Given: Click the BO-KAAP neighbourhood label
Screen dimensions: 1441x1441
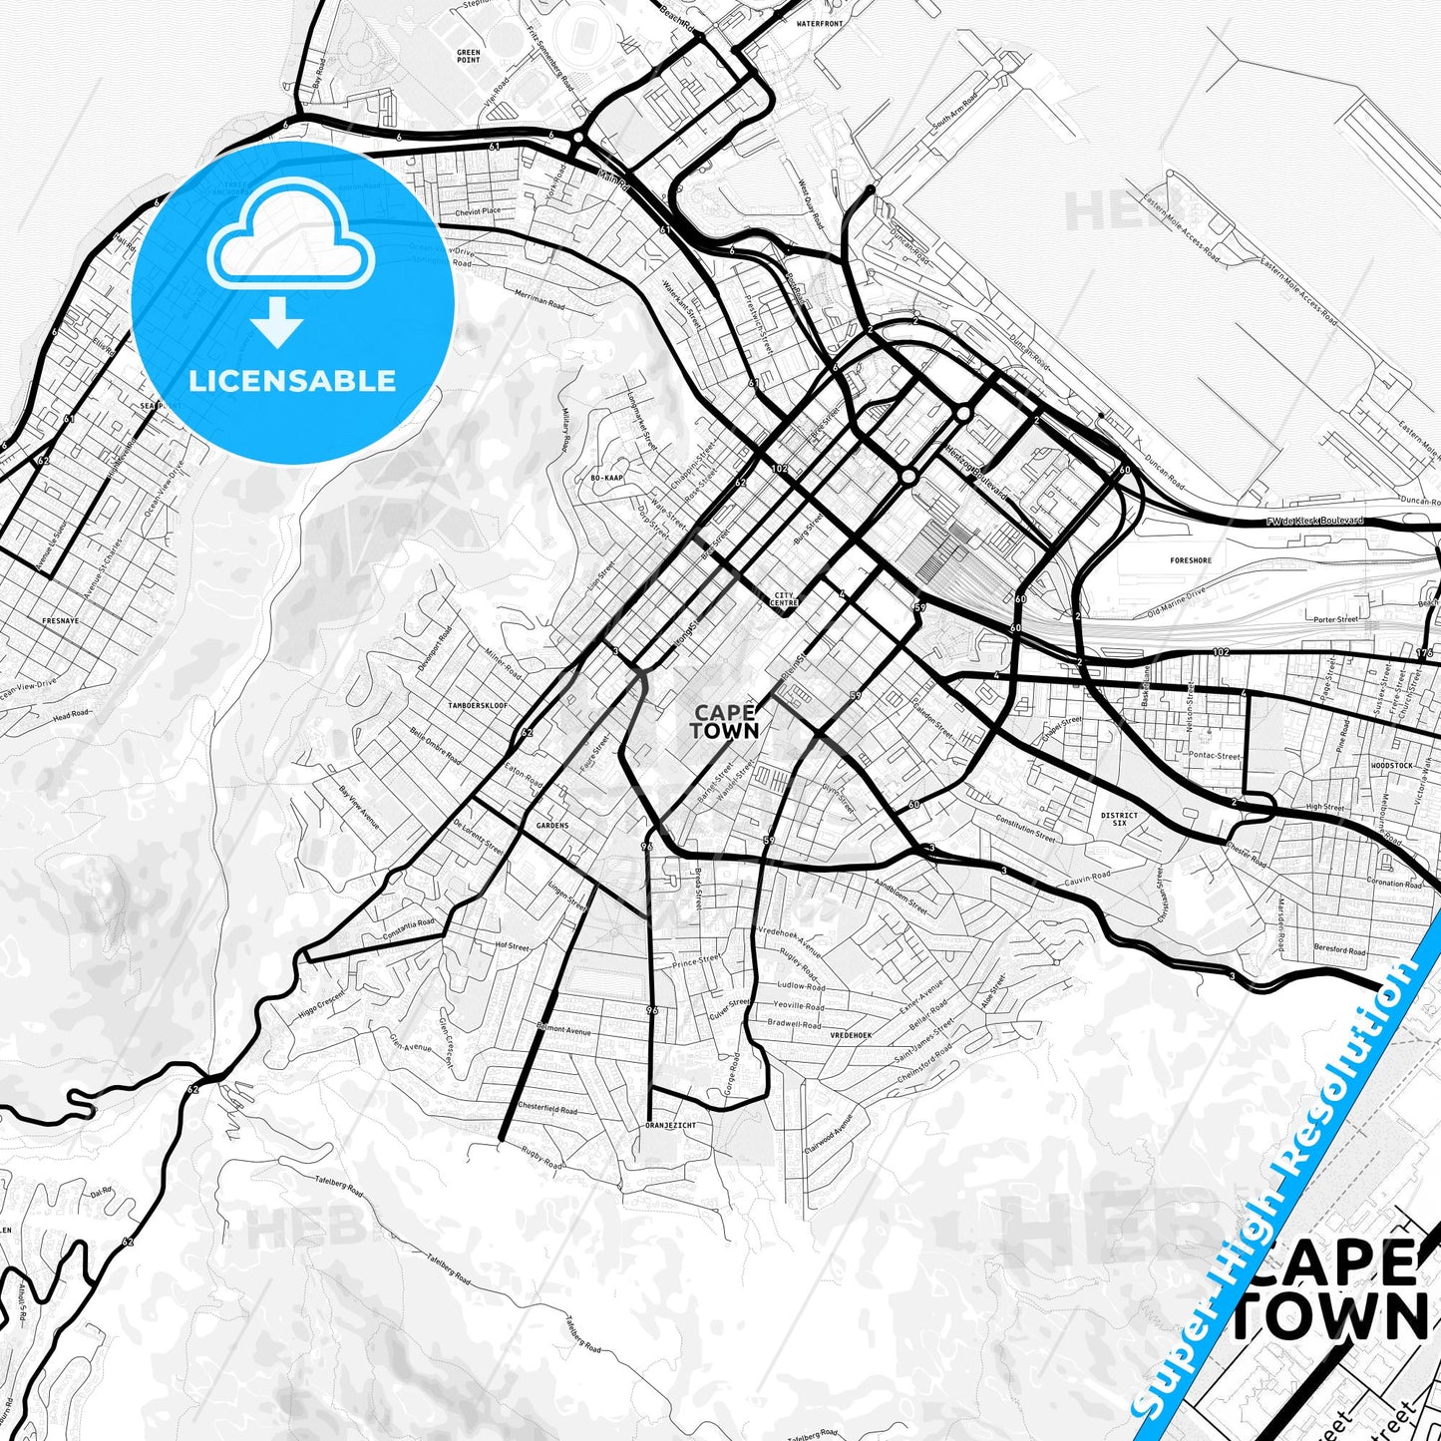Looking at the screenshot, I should coord(607,479).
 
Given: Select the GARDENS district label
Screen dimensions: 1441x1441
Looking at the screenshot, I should coord(551,826).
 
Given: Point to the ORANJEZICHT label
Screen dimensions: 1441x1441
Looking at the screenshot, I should coord(671,1125).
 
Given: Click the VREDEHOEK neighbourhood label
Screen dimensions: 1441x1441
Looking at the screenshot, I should coord(851,1035).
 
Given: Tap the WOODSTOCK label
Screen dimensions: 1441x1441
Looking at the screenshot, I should coord(1392,765).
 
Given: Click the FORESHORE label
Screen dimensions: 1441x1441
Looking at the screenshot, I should coord(1191,560).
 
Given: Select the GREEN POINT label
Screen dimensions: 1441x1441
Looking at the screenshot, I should coord(468,56).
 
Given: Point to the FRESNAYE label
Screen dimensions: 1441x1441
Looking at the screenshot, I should coord(60,620).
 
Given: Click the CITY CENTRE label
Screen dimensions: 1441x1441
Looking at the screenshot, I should coord(785,599).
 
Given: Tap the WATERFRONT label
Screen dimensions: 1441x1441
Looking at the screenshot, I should coord(820,23).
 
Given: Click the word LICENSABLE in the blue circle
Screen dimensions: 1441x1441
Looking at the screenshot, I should coord(292,381).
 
